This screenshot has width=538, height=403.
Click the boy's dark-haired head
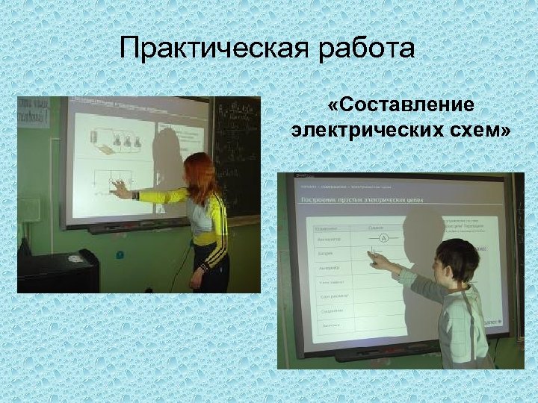(x=457, y=257)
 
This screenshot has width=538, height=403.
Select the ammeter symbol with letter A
(x=383, y=238)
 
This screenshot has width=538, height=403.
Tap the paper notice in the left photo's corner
(x=34, y=112)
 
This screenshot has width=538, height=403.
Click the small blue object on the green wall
(x=120, y=254)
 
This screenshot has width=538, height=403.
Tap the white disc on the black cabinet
(x=75, y=259)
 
